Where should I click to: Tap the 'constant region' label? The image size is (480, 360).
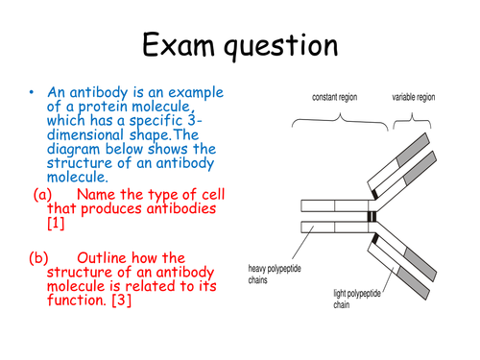click(x=336, y=98)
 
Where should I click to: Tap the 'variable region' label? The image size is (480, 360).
click(x=413, y=98)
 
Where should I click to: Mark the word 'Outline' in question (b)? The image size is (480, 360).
click(x=106, y=257)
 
